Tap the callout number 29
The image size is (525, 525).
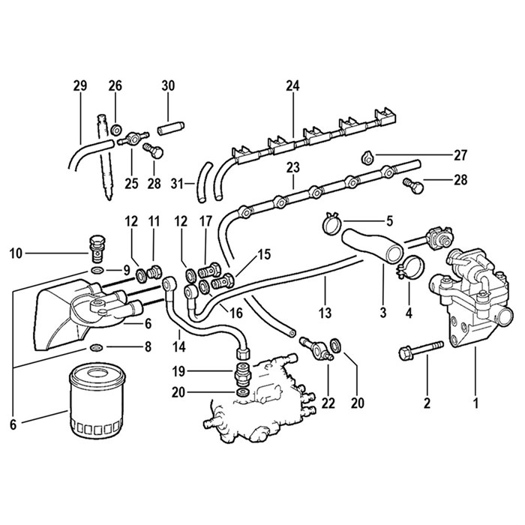(80, 86)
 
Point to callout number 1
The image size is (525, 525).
(474, 403)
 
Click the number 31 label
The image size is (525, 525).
(177, 182)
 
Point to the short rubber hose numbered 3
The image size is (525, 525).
(367, 247)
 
